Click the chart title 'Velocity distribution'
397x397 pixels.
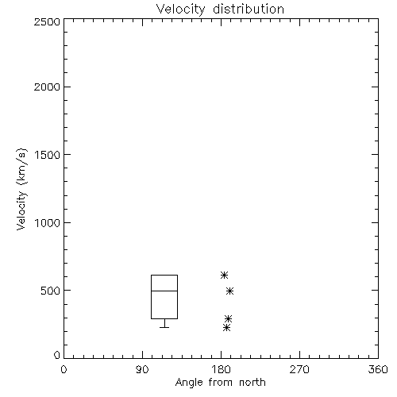point(220,10)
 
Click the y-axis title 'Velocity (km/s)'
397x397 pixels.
point(21,189)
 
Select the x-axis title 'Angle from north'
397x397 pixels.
point(220,383)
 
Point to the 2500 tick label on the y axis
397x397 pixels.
point(47,21)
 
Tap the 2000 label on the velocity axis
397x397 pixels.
point(47,87)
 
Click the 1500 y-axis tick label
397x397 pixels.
point(48,155)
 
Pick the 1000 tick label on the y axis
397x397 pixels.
point(48,223)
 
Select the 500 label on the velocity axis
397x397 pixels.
point(51,291)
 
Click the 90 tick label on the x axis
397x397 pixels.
point(142,369)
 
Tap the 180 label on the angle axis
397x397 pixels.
point(221,369)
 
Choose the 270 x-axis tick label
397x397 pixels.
point(299,369)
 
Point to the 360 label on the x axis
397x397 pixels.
point(378,369)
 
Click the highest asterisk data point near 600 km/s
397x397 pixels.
point(224,276)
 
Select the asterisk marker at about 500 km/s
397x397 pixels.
point(229,291)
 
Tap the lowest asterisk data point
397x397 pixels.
point(226,328)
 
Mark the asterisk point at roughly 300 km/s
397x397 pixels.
point(228,318)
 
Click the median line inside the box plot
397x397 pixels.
point(164,291)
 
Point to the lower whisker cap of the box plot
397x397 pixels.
point(164,327)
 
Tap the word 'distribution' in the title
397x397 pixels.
point(249,10)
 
